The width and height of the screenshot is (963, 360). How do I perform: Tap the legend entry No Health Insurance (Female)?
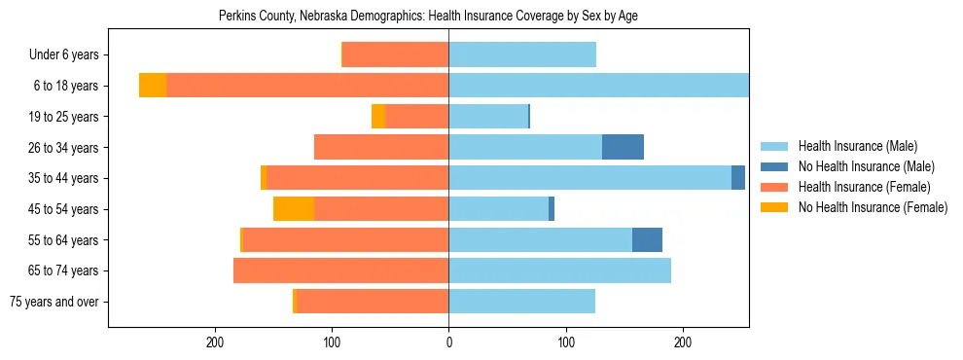pos(873,207)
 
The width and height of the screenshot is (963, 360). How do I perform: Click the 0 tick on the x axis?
pos(448,342)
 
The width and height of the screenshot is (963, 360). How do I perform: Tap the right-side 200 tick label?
pos(682,342)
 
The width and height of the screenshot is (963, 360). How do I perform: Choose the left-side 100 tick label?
pos(333,342)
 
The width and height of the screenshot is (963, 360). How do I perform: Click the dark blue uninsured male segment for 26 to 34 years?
pos(623,147)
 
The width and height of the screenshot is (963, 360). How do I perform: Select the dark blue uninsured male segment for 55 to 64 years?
pos(647,239)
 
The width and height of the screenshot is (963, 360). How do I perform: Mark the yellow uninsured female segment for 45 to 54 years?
pos(294,209)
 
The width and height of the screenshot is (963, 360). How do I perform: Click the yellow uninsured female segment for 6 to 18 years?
pos(153,86)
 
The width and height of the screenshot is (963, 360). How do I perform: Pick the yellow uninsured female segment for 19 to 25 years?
pos(378,117)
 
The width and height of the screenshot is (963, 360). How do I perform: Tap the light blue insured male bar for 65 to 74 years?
pos(559,270)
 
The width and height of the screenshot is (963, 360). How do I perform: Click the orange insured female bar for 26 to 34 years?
pos(381,147)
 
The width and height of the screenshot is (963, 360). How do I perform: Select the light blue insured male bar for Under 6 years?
pos(522,54)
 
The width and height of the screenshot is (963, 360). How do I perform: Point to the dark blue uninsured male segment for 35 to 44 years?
pos(738,178)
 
